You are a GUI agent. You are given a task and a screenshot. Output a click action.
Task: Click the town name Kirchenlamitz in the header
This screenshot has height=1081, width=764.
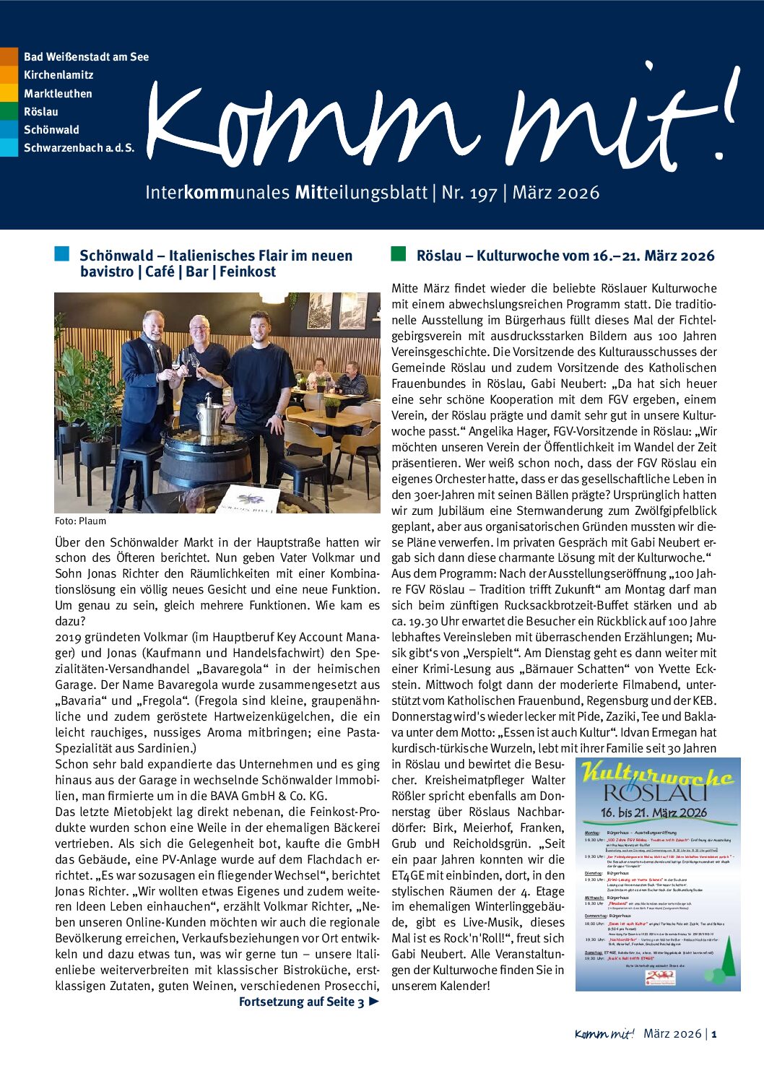coord(58,75)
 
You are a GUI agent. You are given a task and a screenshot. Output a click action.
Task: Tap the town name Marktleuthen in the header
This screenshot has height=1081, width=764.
coord(58,93)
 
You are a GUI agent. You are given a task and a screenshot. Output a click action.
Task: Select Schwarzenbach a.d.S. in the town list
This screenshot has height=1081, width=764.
coord(79,148)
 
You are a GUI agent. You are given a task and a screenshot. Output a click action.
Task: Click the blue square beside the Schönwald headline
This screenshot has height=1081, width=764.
coord(62,254)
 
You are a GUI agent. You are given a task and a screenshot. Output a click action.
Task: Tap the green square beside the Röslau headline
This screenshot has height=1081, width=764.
coord(398,254)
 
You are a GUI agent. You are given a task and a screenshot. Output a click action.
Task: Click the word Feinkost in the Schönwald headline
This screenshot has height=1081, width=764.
coord(248,272)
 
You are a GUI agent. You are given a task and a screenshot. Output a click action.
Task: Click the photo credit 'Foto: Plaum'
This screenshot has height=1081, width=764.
coord(80,521)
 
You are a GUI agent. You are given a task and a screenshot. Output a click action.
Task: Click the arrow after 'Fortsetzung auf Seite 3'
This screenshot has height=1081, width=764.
coord(373,1002)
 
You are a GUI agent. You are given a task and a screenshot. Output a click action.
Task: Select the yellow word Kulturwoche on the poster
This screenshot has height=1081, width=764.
coord(657,775)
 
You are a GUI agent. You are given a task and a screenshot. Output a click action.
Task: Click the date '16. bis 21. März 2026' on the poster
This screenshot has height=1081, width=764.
coord(654,812)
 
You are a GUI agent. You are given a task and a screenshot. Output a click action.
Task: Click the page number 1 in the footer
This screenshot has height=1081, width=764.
coord(714,1034)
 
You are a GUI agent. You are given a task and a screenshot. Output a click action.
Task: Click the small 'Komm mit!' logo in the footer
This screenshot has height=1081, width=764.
coord(604,1034)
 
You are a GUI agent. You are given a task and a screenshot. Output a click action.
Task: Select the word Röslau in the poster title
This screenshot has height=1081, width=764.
coord(655,794)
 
